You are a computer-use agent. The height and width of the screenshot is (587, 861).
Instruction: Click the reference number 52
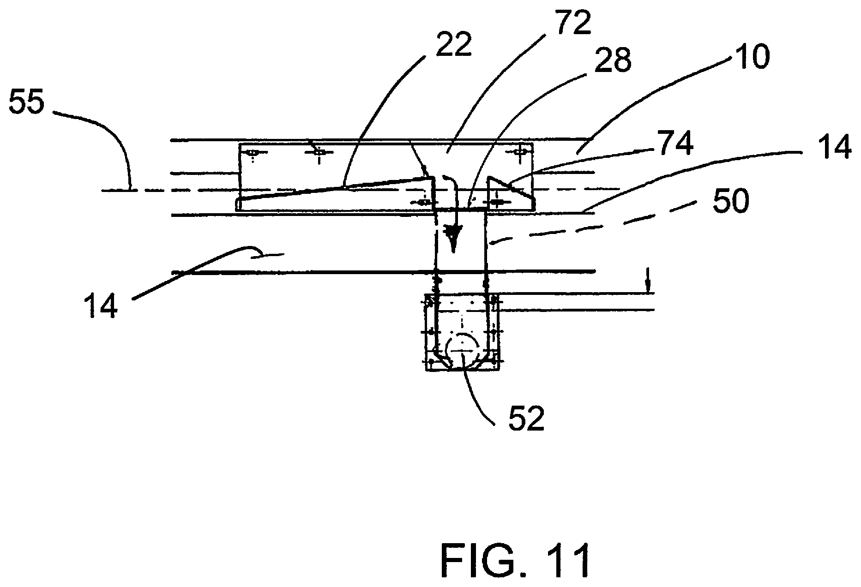526,419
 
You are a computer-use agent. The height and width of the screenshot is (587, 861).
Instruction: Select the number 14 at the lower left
101,305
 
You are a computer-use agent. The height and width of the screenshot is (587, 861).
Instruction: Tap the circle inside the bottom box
461,351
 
